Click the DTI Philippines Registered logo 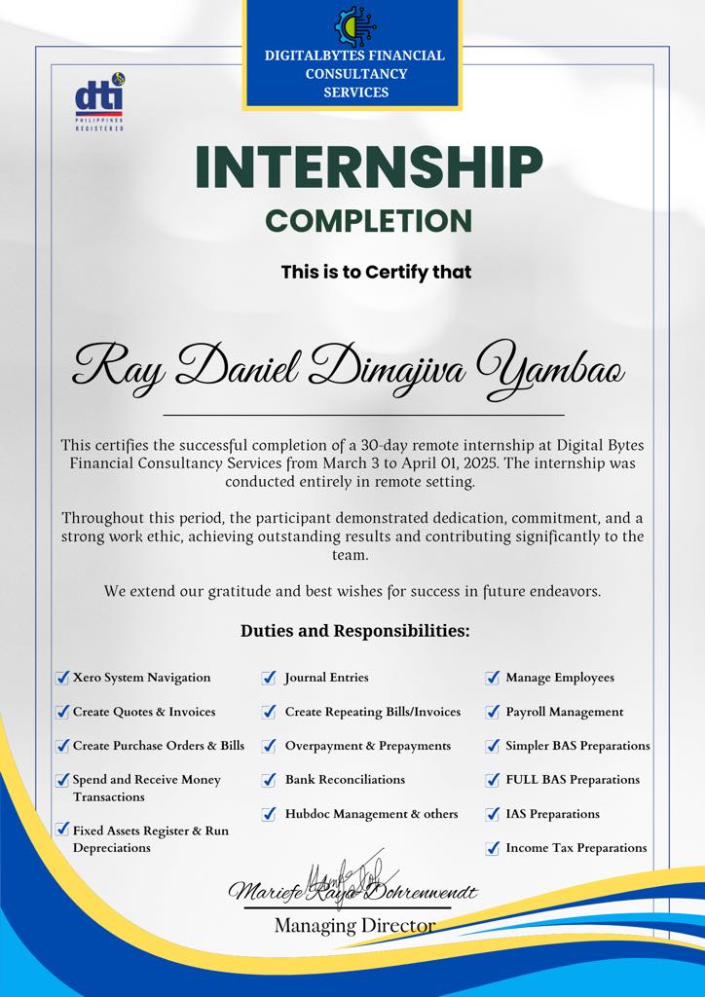click(x=100, y=102)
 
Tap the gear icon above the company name click(x=352, y=23)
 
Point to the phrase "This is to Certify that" click(x=376, y=273)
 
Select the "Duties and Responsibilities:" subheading click(x=354, y=631)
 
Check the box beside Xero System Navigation click(x=63, y=677)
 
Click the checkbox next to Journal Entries click(x=269, y=677)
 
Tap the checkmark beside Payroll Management click(x=492, y=712)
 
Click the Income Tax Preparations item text click(x=575, y=848)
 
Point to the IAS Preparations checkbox click(x=492, y=814)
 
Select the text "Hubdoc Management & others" click(x=371, y=814)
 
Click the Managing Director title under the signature click(x=354, y=925)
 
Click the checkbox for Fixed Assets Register click(x=63, y=831)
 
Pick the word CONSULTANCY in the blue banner click(x=355, y=74)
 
